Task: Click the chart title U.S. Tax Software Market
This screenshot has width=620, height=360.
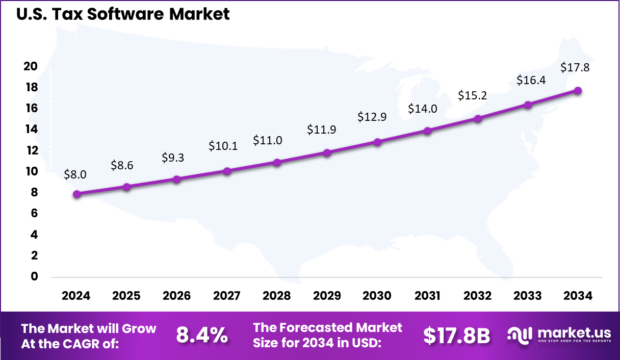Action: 123,14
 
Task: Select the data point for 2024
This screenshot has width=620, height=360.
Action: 76,194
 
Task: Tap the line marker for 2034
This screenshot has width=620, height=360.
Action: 578,90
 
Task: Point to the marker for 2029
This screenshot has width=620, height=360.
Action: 327,152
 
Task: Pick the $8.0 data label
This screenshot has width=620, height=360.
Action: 75,174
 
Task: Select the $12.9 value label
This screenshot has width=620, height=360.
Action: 372,116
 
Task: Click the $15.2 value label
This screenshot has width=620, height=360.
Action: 472,95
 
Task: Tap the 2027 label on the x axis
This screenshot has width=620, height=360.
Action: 226,296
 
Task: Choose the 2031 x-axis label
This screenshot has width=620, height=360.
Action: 427,296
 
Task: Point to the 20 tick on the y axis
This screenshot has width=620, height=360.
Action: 31,66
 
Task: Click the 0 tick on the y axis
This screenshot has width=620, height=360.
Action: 35,276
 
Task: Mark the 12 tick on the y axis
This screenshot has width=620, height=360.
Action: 31,150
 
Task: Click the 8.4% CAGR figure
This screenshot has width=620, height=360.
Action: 201,335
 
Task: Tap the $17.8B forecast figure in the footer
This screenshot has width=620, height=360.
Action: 456,335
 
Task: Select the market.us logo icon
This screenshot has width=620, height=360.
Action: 520,335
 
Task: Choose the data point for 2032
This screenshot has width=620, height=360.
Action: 478,118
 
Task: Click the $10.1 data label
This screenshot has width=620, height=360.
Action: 223,146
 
